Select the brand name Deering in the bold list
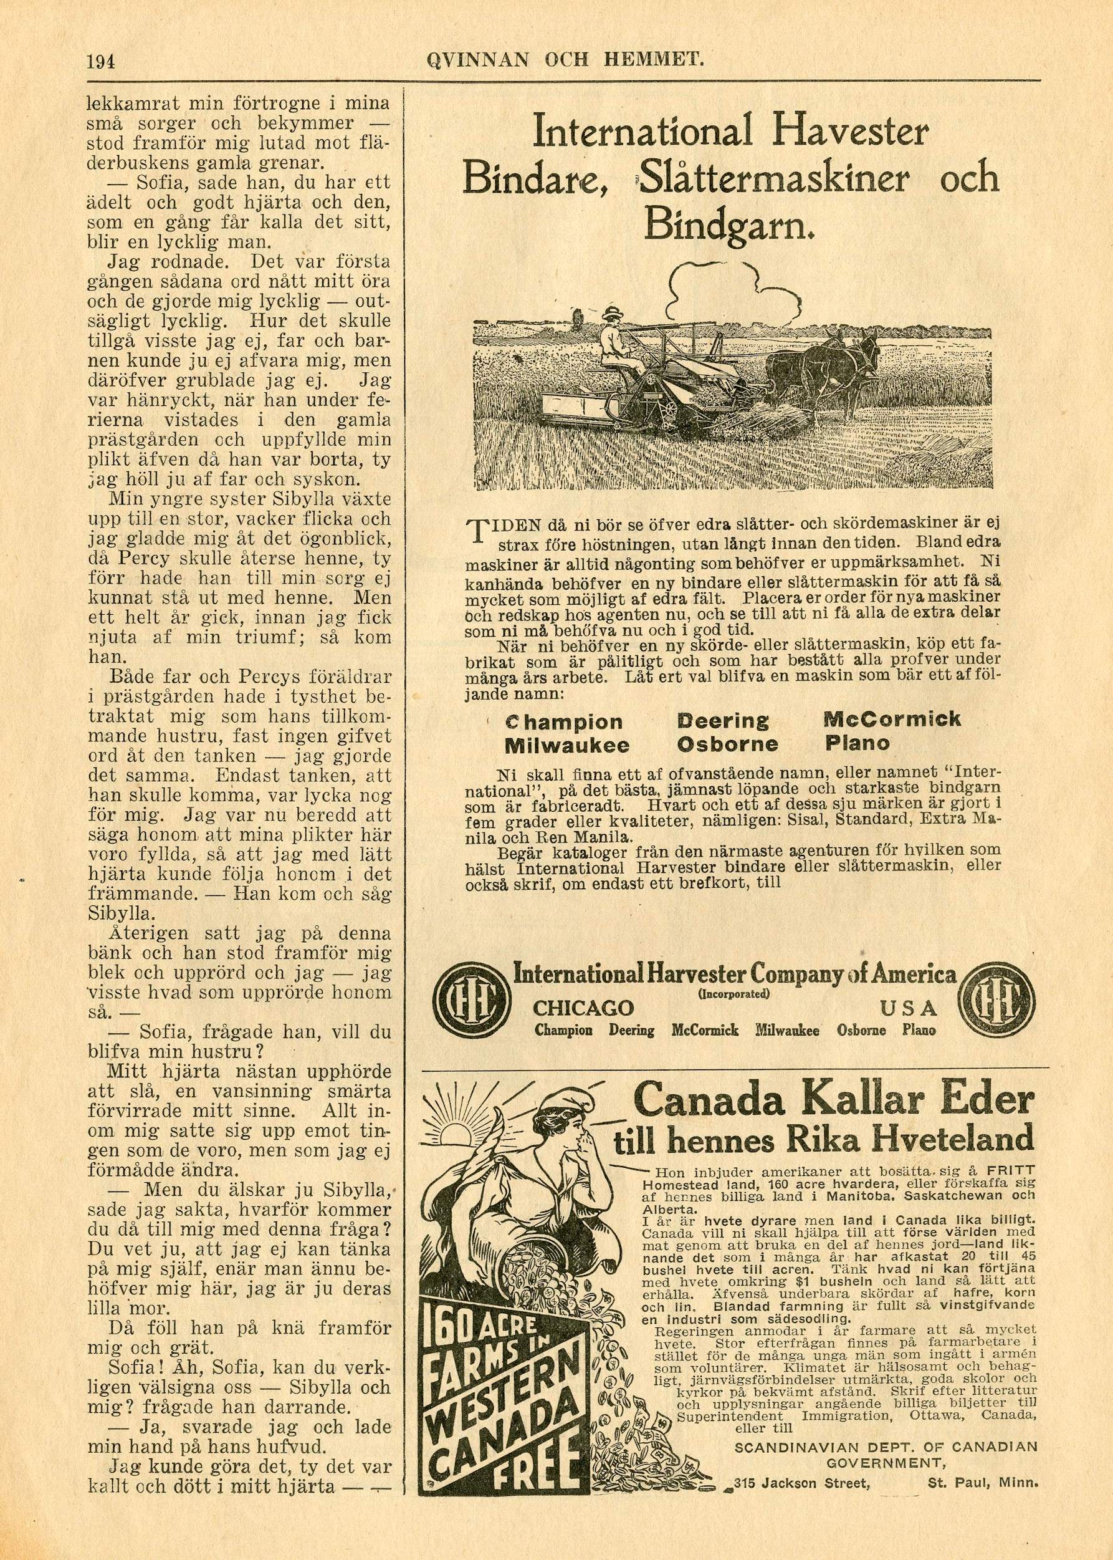tap(722, 721)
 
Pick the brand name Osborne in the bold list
tap(727, 743)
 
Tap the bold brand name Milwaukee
tap(566, 744)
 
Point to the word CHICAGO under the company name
tap(583, 1008)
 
